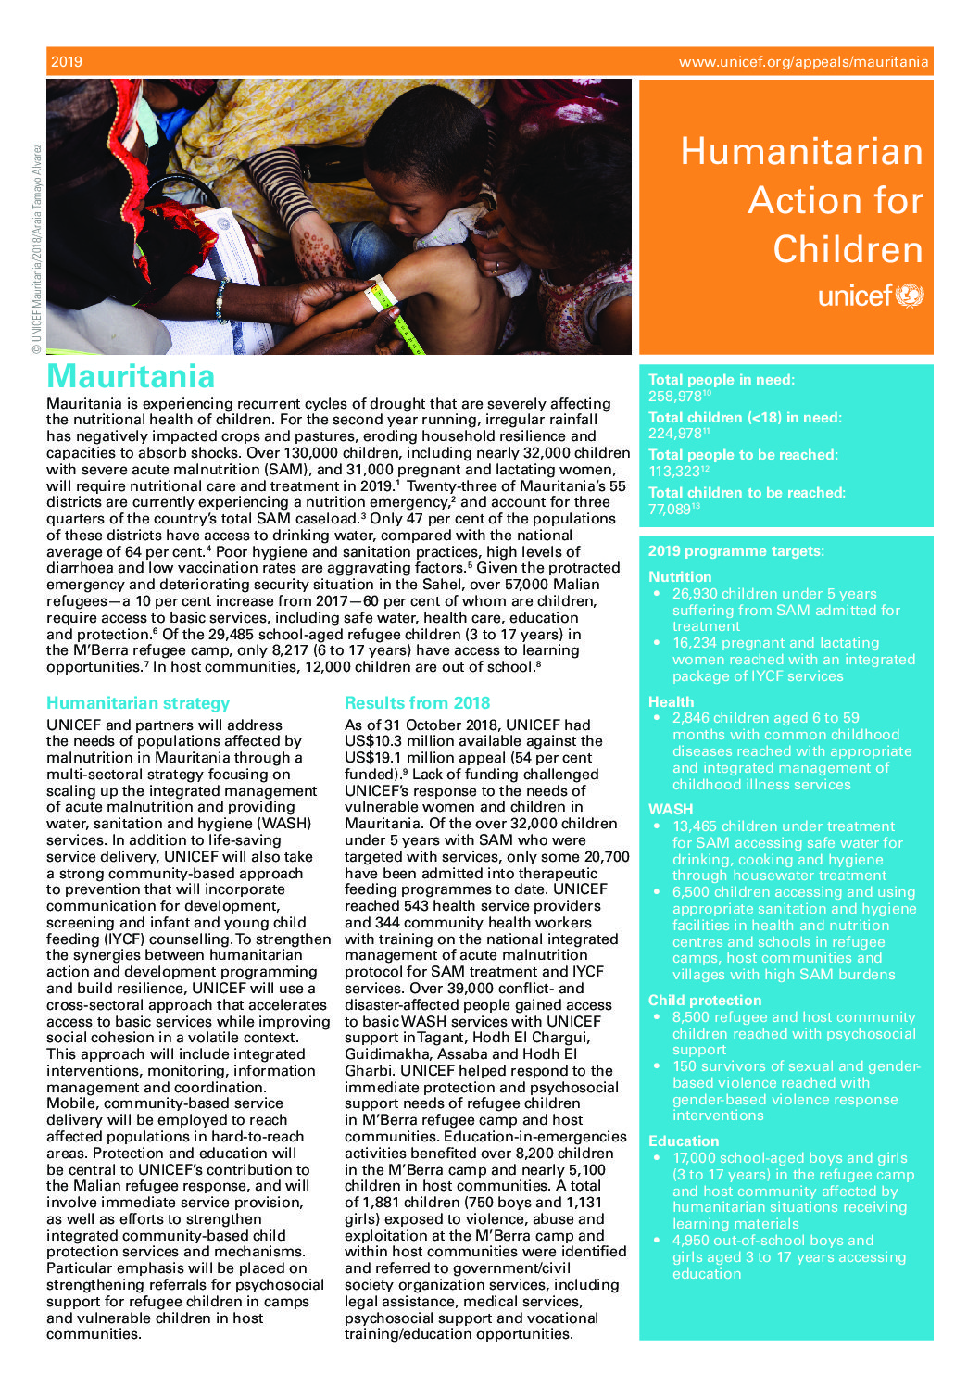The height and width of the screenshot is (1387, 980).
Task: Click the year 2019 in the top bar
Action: pyautogui.click(x=67, y=62)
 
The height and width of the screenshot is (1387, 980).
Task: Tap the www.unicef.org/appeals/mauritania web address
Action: pyautogui.click(x=803, y=62)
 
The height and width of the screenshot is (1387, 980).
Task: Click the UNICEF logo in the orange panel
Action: pyautogui.click(x=871, y=296)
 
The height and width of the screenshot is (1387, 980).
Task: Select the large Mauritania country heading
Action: pyautogui.click(x=131, y=376)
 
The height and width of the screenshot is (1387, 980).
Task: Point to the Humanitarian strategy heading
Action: pyautogui.click(x=138, y=703)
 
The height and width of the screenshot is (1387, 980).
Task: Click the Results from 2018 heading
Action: pyautogui.click(x=417, y=703)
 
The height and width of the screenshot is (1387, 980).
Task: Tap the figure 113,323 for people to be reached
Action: pyautogui.click(x=673, y=472)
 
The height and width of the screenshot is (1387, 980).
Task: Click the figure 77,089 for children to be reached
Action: pyautogui.click(x=670, y=510)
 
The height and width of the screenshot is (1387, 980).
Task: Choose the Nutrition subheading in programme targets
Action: pyautogui.click(x=680, y=576)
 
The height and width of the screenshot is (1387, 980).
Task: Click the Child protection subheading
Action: pyautogui.click(x=705, y=1001)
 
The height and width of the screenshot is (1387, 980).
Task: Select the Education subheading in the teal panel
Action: pyautogui.click(x=684, y=1141)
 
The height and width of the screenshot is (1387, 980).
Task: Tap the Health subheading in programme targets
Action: pyautogui.click(x=671, y=702)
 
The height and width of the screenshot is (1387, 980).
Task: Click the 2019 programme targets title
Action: pyautogui.click(x=735, y=551)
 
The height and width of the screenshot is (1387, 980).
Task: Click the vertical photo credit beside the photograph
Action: pyautogui.click(x=37, y=248)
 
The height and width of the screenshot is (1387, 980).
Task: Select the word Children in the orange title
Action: pyautogui.click(x=848, y=250)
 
